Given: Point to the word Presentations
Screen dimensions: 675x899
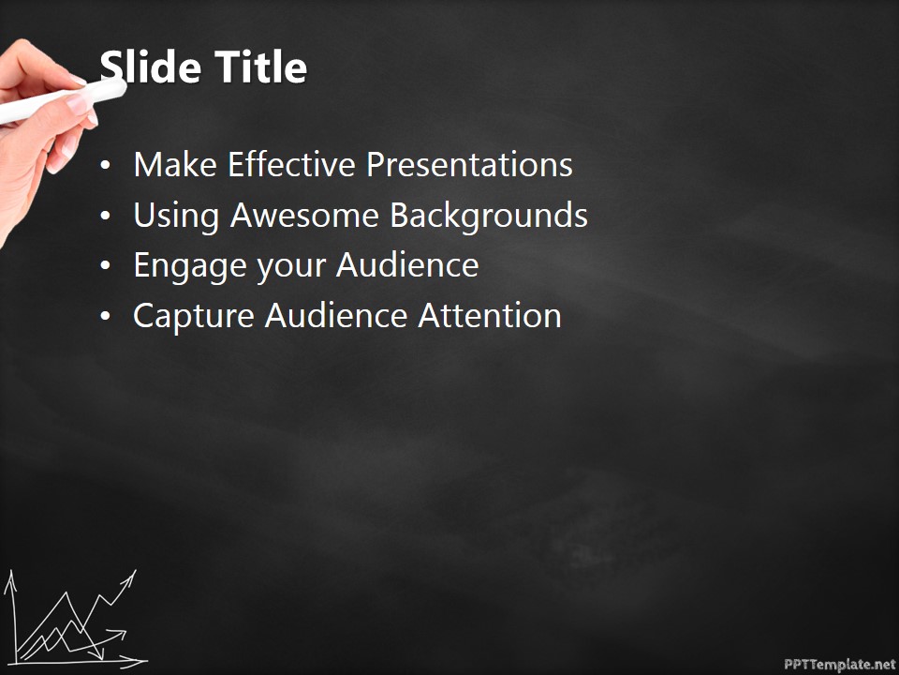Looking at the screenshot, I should coord(469,165).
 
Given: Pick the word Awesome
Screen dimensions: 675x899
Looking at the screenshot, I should coord(305,216).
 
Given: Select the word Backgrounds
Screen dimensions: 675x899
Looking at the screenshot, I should coord(489,216).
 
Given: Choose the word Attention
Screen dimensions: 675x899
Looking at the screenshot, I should coord(489,316).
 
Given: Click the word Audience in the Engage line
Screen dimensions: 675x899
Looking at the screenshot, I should coord(407,265).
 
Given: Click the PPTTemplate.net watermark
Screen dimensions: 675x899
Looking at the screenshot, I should coord(839,664).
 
